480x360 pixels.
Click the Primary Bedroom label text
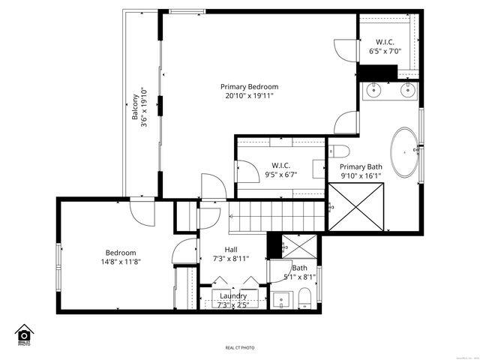[x=249, y=86]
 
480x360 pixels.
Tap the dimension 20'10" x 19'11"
[x=249, y=96]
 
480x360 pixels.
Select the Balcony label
[x=136, y=108]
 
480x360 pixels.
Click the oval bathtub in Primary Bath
[x=406, y=152]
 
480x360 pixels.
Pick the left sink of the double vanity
[x=373, y=91]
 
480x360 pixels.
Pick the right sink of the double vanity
[x=407, y=91]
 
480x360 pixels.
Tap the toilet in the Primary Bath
[x=337, y=150]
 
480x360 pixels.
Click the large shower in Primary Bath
[x=357, y=207]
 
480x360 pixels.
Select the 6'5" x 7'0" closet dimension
[x=385, y=52]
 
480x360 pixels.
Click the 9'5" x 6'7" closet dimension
[x=281, y=175]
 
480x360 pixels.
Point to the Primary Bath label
[x=361, y=166]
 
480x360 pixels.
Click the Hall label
[x=232, y=250]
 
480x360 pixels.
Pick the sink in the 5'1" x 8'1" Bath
[x=280, y=301]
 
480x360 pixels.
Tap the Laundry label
[x=232, y=296]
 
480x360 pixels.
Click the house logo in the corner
[x=24, y=334]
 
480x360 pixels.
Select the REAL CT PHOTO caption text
[x=240, y=348]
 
